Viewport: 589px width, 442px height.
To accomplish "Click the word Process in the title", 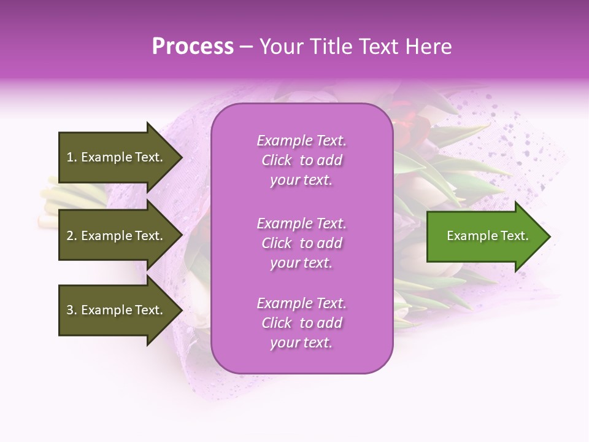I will click(193, 46).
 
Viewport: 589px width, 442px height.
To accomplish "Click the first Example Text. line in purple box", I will click(301, 141).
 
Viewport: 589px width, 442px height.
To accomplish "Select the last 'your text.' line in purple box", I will click(301, 343).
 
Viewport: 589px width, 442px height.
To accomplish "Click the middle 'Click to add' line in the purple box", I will click(301, 243).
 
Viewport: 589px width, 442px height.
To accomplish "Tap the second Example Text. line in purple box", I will click(301, 223).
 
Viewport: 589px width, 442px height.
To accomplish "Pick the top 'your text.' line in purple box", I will click(301, 180).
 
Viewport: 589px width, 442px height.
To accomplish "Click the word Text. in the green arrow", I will click(514, 236).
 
